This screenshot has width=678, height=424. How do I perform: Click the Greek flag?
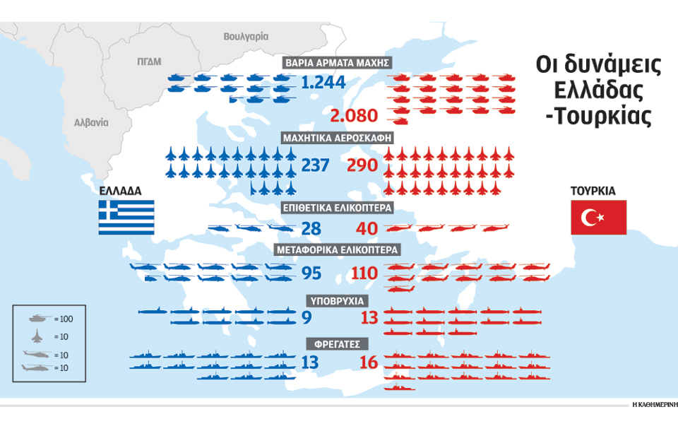pyautogui.click(x=126, y=217)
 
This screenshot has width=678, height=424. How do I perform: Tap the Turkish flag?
pyautogui.click(x=598, y=217)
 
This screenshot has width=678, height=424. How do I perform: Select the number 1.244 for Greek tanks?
pyautogui.click(x=323, y=83)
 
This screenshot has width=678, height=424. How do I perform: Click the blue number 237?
pyautogui.click(x=316, y=165)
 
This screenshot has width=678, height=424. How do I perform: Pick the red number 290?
pyautogui.click(x=363, y=165)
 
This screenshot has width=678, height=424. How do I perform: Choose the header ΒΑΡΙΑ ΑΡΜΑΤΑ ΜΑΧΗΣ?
pyautogui.click(x=338, y=62)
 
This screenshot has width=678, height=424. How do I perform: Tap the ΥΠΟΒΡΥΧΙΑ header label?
pyautogui.click(x=338, y=300)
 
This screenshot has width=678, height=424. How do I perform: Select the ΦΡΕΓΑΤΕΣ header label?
pyautogui.click(x=338, y=344)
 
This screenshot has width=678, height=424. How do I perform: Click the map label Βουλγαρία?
pyautogui.click(x=246, y=35)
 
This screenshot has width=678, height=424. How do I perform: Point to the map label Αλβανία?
pyautogui.click(x=92, y=122)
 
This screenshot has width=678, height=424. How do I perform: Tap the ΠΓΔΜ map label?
pyautogui.click(x=149, y=61)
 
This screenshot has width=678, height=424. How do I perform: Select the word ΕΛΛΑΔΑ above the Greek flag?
pyautogui.click(x=121, y=191)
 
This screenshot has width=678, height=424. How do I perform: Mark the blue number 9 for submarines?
pyautogui.click(x=307, y=318)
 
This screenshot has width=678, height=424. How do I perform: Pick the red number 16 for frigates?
pyautogui.click(x=369, y=363)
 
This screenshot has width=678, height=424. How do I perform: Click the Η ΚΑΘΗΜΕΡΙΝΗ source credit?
pyautogui.click(x=654, y=405)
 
